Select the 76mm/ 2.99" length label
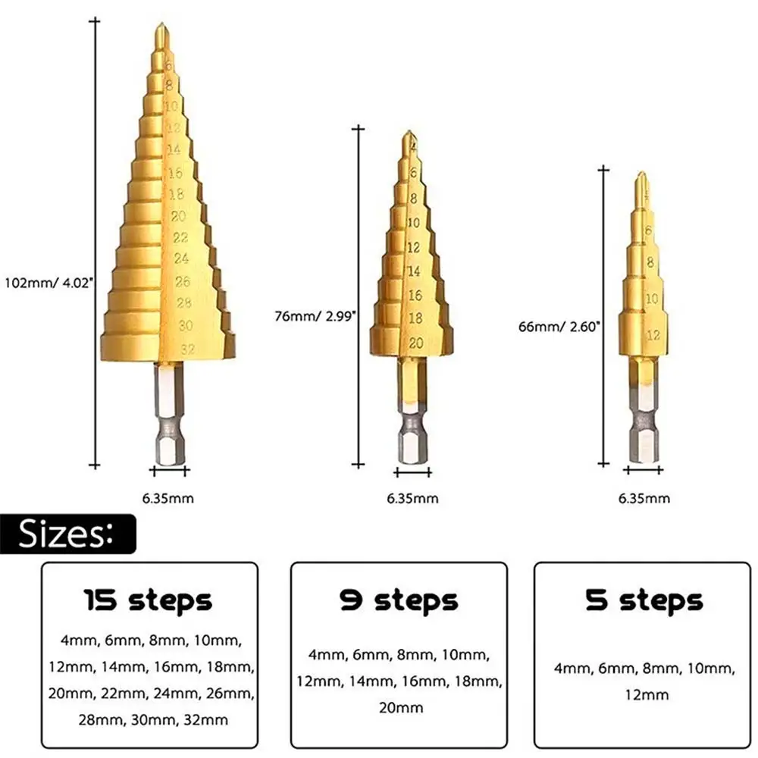tap(314, 317)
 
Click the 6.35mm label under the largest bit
tap(169, 498)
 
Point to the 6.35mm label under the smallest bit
tap(644, 498)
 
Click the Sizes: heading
tap(67, 534)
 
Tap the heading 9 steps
tap(399, 600)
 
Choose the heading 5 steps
tap(644, 600)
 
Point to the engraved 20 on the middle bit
tap(415, 343)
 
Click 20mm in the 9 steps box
tap(399, 707)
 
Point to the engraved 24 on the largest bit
tap(181, 258)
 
